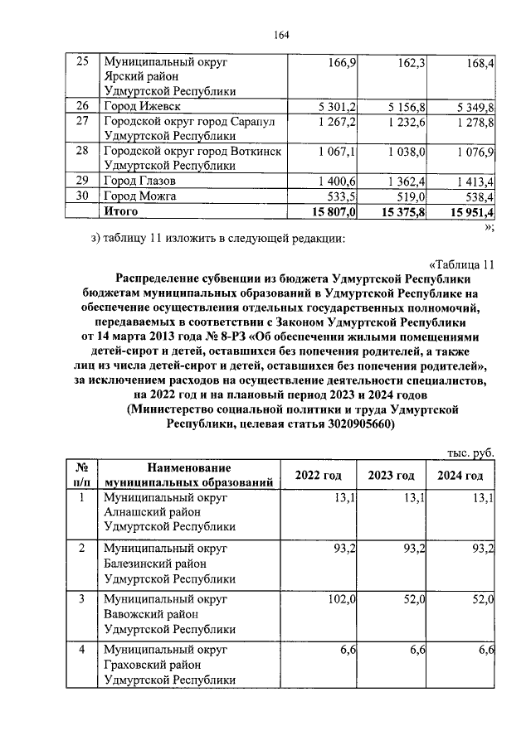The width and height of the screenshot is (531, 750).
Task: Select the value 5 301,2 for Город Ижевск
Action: click(337, 107)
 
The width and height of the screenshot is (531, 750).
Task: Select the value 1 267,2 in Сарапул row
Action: click(337, 122)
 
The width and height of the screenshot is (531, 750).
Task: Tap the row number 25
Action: click(82, 62)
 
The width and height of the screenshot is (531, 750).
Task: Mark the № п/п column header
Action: click(82, 475)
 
